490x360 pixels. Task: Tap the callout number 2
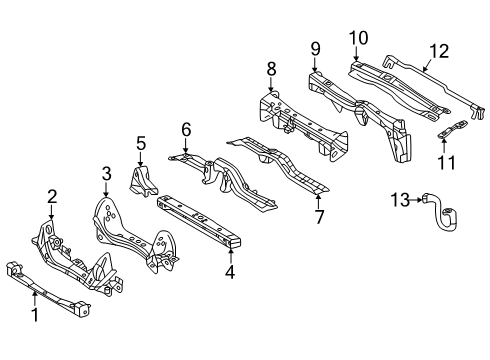52,196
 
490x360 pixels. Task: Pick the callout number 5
141,143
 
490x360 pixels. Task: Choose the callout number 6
185,129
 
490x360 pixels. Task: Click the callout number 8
270,70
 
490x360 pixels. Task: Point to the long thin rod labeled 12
430,80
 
